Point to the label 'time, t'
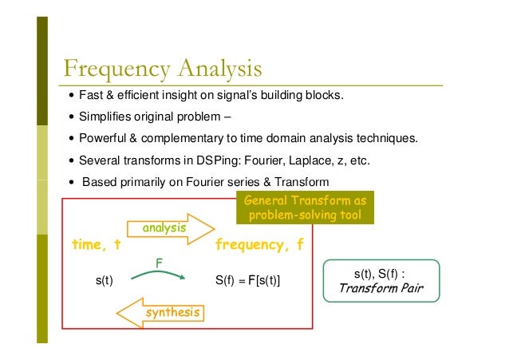[x=95, y=245]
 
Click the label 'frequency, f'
[x=259, y=245]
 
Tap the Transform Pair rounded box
[x=381, y=280]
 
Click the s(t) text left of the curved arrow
[x=105, y=281]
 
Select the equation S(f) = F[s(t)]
[x=248, y=281]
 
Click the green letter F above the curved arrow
[x=160, y=261]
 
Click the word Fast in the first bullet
[x=89, y=97]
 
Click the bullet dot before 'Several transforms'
[x=71, y=159]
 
